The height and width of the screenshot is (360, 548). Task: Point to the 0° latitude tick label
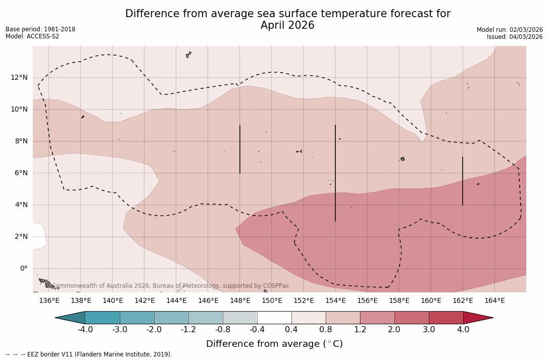pos(24,269)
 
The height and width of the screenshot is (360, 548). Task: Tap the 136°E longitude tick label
pos(49,301)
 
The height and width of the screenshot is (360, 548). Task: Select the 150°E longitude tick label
pos(272,301)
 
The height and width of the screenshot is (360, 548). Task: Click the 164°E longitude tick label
pos(494,301)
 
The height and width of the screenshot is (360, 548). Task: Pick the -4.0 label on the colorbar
pos(85,330)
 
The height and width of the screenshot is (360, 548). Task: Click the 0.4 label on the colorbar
pos(291,330)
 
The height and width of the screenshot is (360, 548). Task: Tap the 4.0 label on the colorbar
pos(463,330)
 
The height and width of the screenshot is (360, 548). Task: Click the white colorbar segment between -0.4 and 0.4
pos(274,318)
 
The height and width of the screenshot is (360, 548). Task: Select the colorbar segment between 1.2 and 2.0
pos(377,318)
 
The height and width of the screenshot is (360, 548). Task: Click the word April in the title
pos(274,25)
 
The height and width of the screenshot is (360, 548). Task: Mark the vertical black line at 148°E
pos(240,149)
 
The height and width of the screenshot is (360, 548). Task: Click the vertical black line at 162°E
pos(463,181)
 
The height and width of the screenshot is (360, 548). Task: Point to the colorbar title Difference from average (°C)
pos(274,344)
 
